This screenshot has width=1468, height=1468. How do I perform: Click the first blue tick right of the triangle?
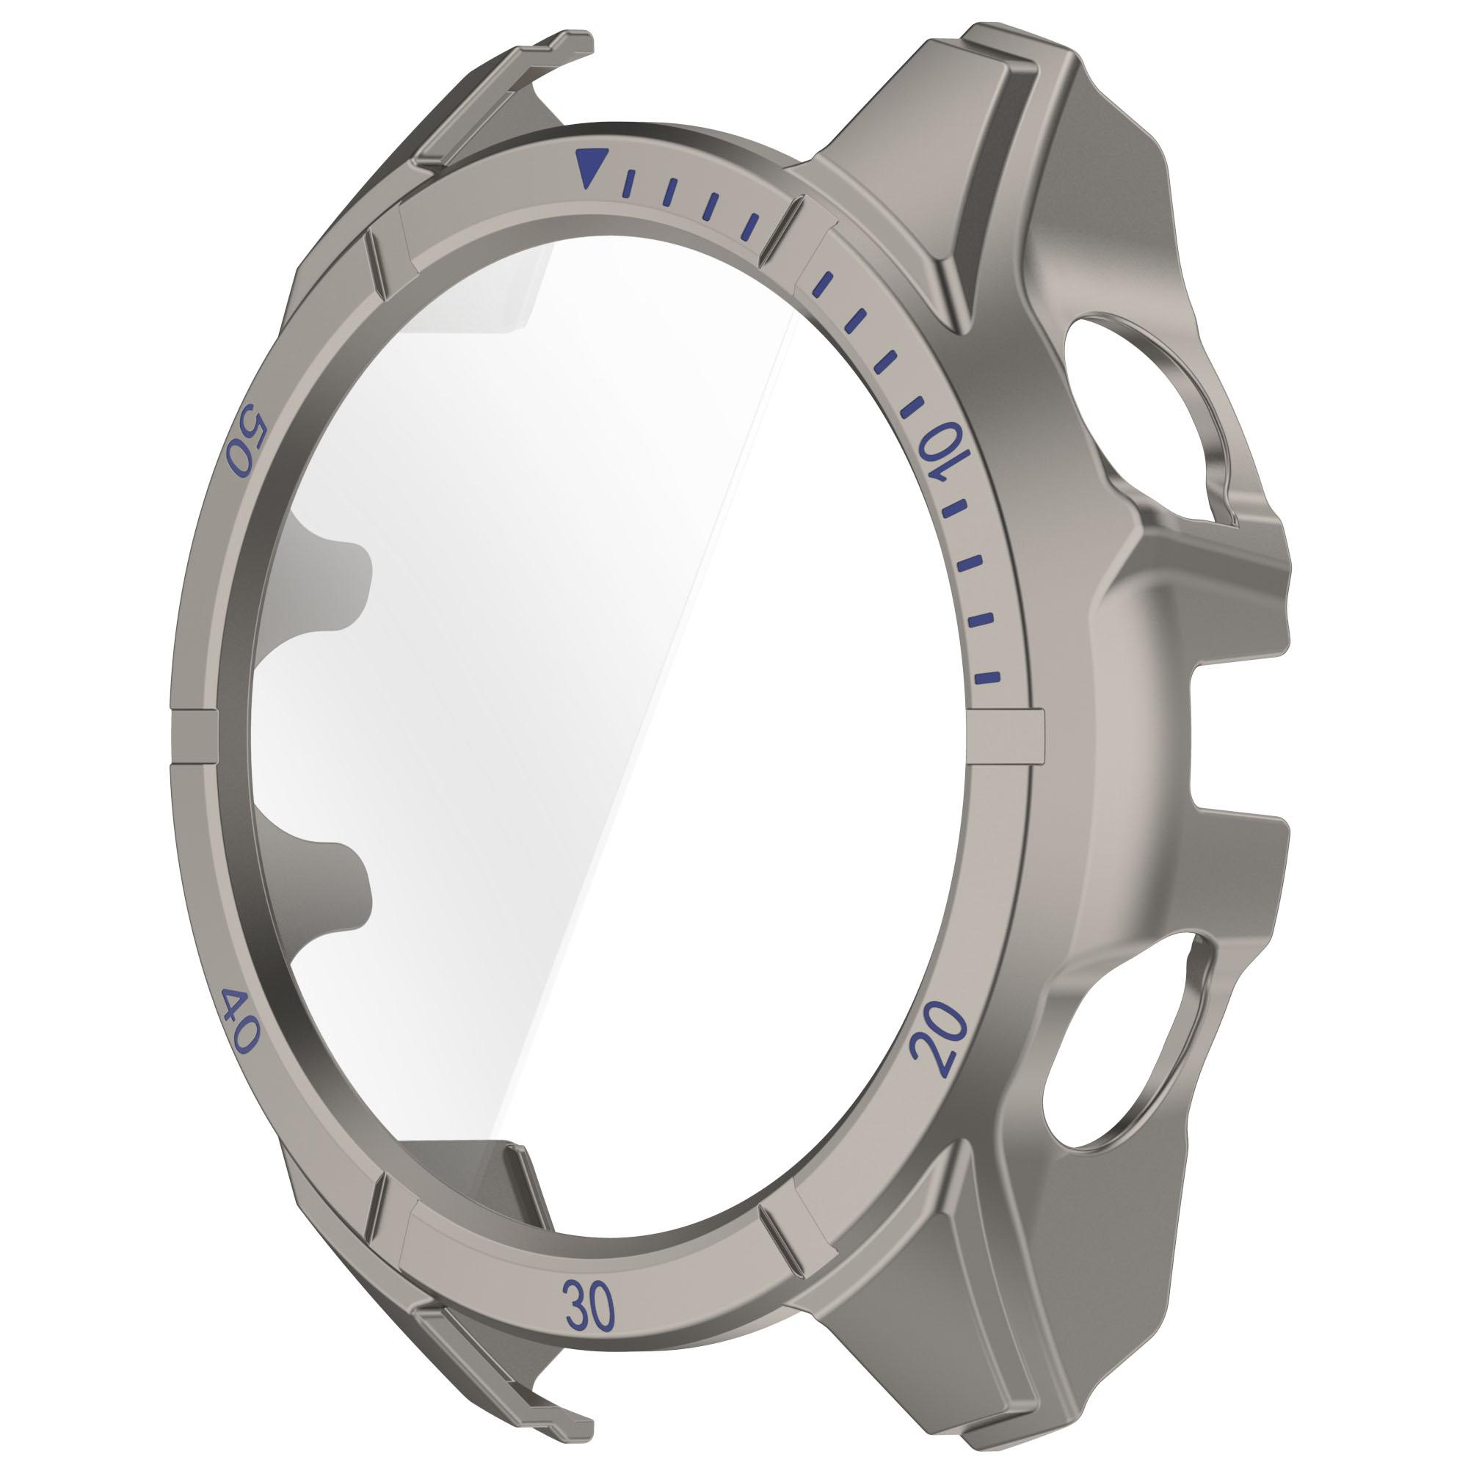628,186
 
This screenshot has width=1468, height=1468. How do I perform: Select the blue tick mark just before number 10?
910,407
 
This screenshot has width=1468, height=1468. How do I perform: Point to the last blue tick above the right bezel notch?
988,676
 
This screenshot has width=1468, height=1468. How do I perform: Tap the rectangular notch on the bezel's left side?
194,734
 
